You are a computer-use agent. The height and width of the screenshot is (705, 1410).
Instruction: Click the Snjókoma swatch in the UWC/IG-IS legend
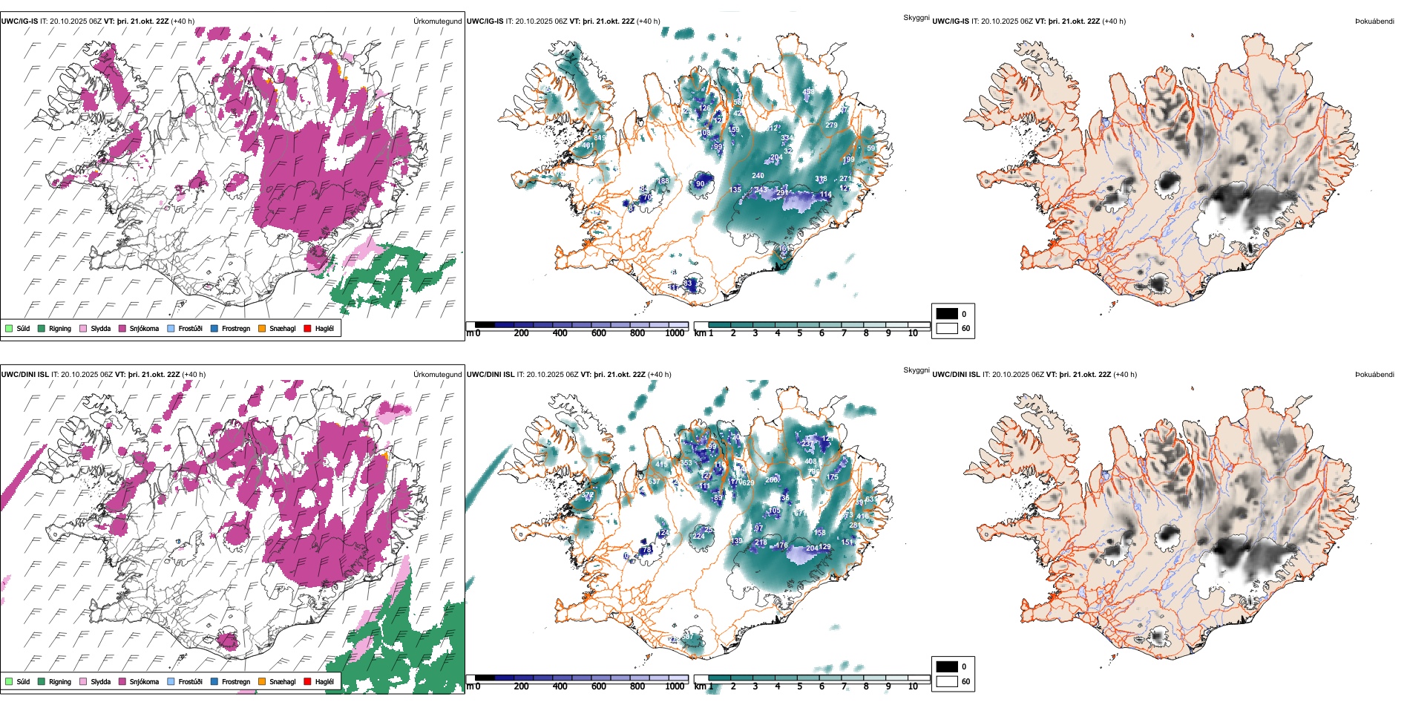click(122, 328)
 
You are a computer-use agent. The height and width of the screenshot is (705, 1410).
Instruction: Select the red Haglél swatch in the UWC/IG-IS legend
click(308, 328)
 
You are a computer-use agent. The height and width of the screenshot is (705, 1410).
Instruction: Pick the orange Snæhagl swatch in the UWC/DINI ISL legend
click(262, 681)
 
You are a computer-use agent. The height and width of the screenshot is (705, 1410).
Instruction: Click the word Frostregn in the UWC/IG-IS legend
click(236, 329)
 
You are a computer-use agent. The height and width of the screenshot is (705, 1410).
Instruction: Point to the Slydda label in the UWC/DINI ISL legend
click(100, 682)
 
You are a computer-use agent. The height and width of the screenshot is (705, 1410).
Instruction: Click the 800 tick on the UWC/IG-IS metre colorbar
click(637, 333)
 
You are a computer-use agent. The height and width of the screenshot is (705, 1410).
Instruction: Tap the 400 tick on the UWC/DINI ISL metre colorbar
click(560, 686)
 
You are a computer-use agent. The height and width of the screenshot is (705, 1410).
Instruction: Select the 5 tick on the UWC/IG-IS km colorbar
click(799, 333)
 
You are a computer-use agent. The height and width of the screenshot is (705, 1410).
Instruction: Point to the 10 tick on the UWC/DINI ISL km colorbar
click(913, 686)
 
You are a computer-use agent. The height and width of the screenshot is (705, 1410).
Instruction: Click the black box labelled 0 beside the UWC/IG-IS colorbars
click(947, 313)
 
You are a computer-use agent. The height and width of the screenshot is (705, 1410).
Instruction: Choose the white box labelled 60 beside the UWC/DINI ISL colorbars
click(947, 681)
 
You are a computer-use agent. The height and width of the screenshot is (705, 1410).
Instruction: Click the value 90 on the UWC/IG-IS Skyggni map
click(700, 184)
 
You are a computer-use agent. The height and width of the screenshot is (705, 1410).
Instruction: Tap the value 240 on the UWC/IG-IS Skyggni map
click(758, 176)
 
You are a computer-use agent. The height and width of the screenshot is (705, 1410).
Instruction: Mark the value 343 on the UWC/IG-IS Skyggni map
click(761, 190)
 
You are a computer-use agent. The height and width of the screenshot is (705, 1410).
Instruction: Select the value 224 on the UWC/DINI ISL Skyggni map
click(698, 536)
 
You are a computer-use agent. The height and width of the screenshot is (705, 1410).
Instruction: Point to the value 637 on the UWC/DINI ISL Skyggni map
click(654, 482)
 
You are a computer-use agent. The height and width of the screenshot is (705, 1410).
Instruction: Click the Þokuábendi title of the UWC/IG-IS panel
click(1374, 22)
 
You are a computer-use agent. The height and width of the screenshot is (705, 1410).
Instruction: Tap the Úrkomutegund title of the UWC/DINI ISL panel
click(437, 375)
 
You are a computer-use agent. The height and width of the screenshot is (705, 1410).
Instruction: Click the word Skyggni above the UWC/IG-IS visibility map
click(916, 18)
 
